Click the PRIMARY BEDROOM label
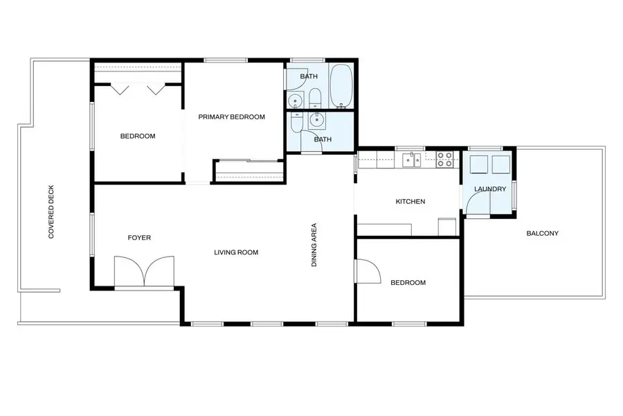coord(232,116)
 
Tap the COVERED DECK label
coord(51,211)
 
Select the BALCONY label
coord(542,233)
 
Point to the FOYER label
coord(139,238)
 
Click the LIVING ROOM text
coord(236,252)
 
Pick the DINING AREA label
coord(314,245)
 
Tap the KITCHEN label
coord(410,202)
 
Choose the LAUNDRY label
coord(490,189)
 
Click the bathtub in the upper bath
coord(341,86)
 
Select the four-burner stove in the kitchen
coord(444,159)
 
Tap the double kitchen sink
coord(411,159)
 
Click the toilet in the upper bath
coord(315,98)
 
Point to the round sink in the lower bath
coord(316,120)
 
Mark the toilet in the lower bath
coord(296,122)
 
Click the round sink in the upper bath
coord(295,101)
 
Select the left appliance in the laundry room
coord(479,164)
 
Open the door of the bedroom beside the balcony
coord(368,272)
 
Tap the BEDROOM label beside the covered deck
coord(138,136)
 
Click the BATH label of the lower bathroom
coord(323,139)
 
